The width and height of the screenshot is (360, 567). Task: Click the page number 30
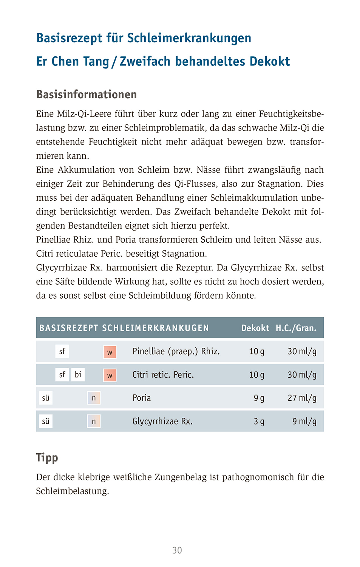coord(177,550)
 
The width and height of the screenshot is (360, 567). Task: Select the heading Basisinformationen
coord(87,94)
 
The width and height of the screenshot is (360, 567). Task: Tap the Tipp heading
coord(47,458)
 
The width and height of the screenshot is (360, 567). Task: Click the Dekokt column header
coord(255,328)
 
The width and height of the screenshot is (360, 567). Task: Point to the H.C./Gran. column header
coord(296,328)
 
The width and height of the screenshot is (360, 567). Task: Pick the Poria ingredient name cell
coord(142,398)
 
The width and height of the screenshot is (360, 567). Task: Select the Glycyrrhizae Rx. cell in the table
coord(162,421)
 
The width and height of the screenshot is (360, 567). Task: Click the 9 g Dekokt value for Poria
coord(259,398)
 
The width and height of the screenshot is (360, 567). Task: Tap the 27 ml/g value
coord(302,398)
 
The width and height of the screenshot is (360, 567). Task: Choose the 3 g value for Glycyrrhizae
coord(259,421)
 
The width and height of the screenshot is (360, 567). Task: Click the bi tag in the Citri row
coord(78,375)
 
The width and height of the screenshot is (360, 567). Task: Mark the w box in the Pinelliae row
coord(110,352)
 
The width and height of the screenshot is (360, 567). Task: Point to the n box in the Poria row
coord(94,398)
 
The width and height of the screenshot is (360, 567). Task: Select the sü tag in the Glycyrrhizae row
coord(46,421)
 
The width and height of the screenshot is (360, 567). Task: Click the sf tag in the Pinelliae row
coord(62,352)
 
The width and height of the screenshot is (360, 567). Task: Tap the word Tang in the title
coord(96,61)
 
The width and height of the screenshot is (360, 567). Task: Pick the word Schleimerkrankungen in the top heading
coord(189,38)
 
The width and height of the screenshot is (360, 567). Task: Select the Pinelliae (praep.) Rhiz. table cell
coord(176,352)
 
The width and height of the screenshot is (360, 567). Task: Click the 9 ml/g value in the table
coord(304,421)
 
